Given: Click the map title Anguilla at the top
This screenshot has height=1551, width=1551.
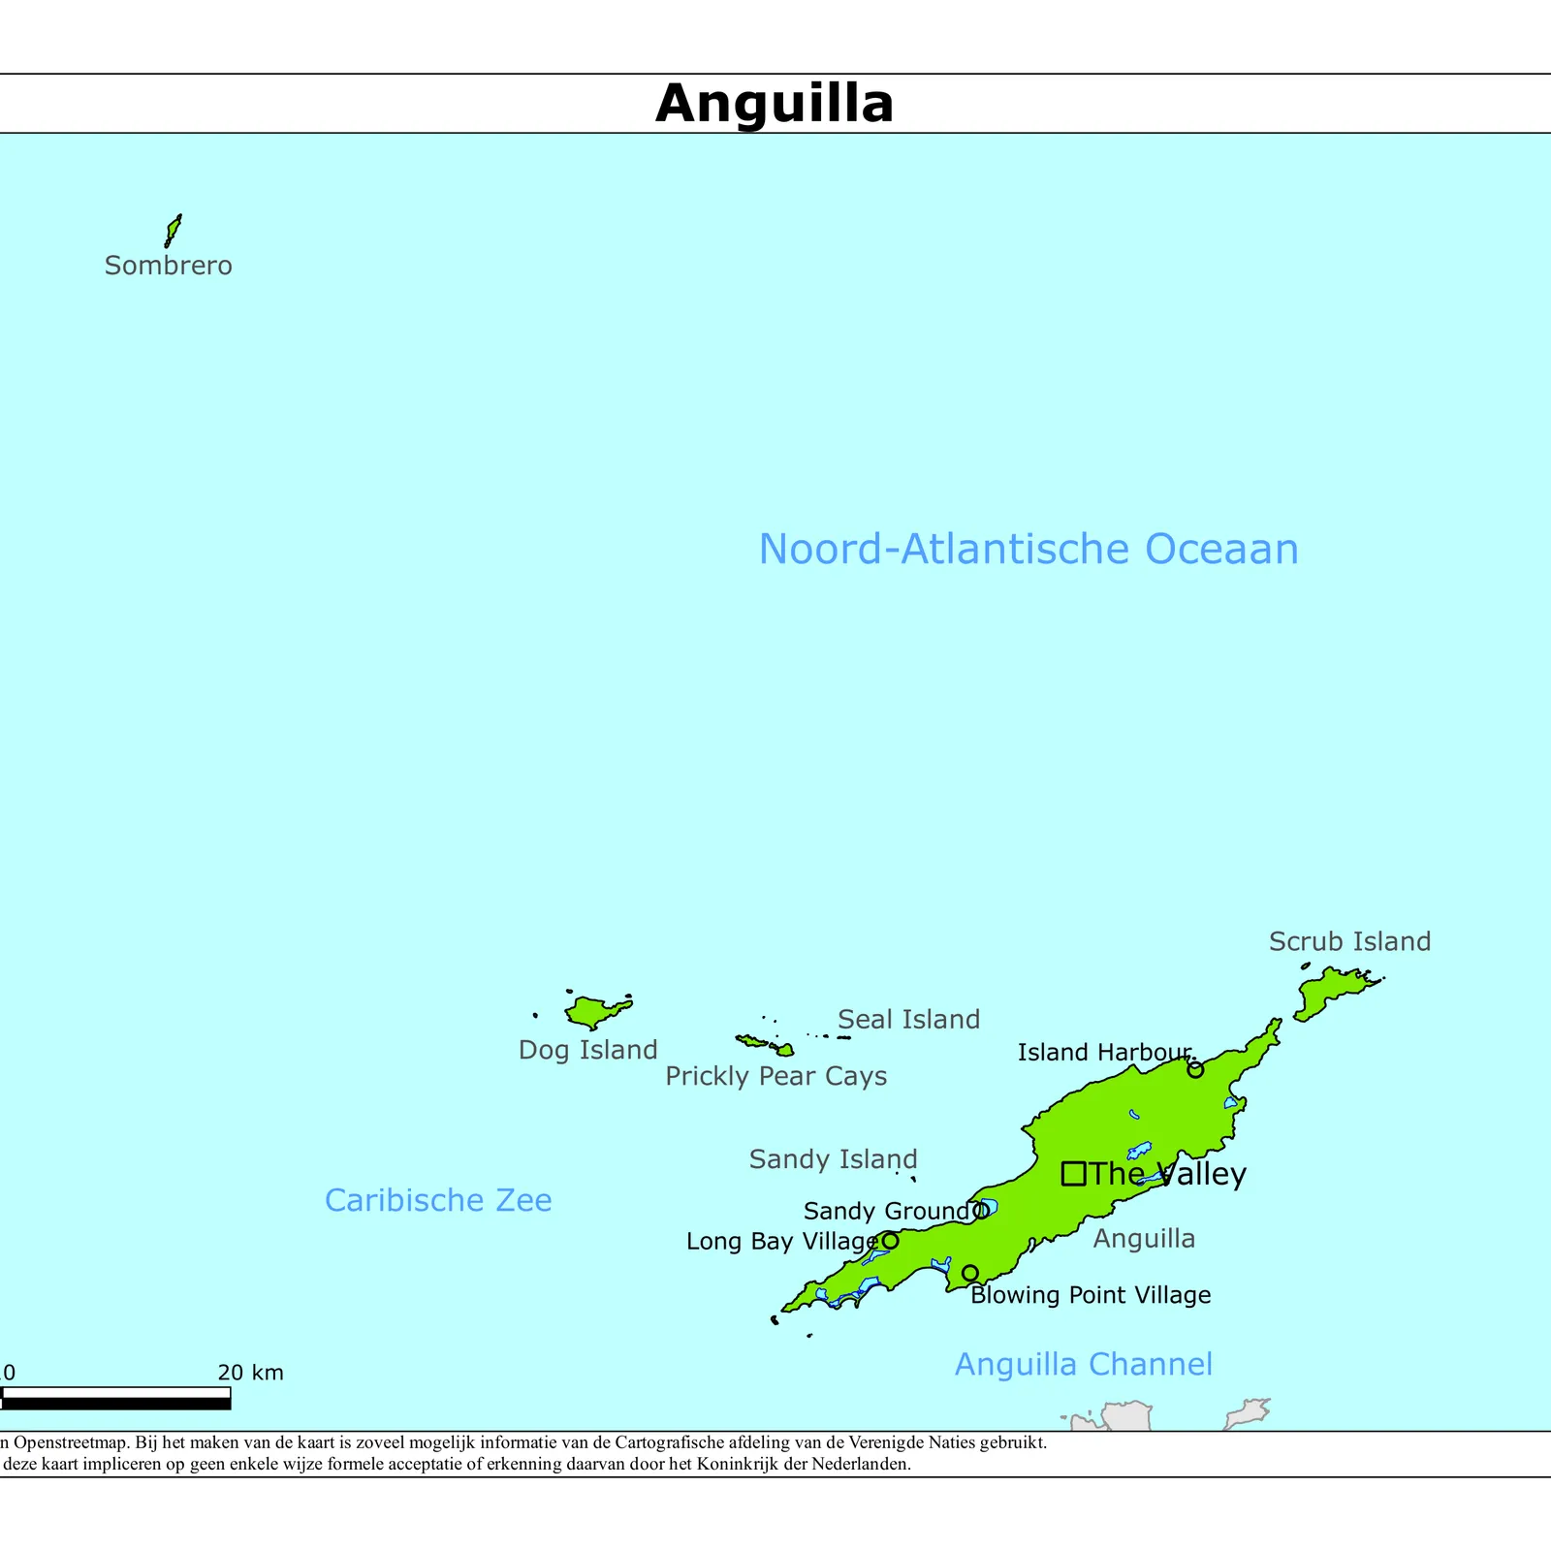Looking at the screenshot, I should point(775,104).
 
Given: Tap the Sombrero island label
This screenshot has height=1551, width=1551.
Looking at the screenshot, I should point(169,266).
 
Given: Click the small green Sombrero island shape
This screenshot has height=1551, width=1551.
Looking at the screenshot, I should point(173,231).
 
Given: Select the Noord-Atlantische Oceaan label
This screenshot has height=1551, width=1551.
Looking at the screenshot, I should point(1028,550).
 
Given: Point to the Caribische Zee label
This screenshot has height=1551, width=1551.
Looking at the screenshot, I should point(438,1200).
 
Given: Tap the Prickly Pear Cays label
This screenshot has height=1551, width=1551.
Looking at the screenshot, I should point(775,1076).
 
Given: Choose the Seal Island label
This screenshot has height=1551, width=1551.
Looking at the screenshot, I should point(908,1020).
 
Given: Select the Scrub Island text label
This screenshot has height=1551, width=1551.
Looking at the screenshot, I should point(1349,941).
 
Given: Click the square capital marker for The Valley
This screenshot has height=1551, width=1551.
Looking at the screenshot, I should point(1073,1174).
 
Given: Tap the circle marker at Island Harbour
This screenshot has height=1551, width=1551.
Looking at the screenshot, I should point(1195,1070).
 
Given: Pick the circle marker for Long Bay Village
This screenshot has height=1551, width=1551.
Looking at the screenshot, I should point(890,1241).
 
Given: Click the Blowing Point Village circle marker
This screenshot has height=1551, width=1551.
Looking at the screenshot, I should point(969,1273).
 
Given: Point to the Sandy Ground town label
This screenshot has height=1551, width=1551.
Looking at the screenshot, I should point(886,1211).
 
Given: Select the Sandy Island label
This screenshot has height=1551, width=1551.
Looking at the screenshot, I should point(833,1159).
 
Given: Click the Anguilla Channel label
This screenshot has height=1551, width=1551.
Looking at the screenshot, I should point(1084,1365).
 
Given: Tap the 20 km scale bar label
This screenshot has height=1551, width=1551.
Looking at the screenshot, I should point(250,1373).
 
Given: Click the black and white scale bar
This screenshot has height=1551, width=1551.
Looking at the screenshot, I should point(115,1398).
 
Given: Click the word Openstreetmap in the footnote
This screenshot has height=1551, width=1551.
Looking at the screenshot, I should point(70,1442).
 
